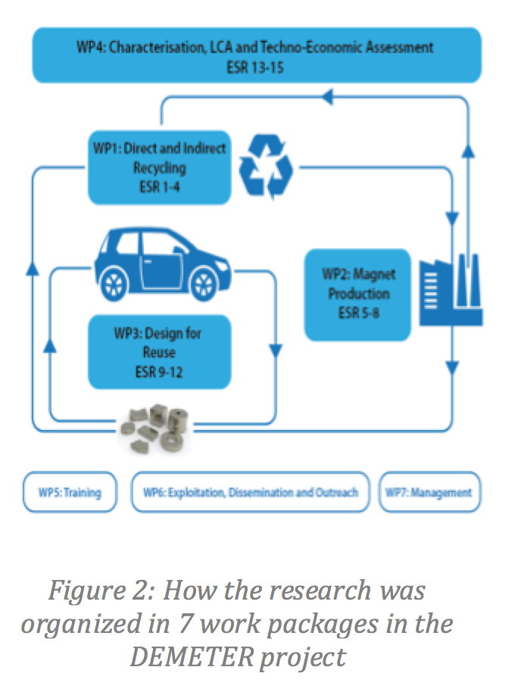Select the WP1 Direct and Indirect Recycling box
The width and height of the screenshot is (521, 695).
(x=159, y=167)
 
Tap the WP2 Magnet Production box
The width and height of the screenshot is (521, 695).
(x=357, y=294)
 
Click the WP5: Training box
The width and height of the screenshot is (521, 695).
(x=69, y=492)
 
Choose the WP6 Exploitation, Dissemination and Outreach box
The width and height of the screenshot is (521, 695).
(x=250, y=492)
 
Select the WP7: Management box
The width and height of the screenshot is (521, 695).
(x=428, y=492)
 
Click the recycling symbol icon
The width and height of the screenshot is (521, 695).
(x=265, y=166)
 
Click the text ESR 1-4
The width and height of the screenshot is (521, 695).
(x=160, y=184)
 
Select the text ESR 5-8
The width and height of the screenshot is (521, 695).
(x=358, y=311)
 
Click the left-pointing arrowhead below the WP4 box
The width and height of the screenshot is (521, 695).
(x=328, y=96)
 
